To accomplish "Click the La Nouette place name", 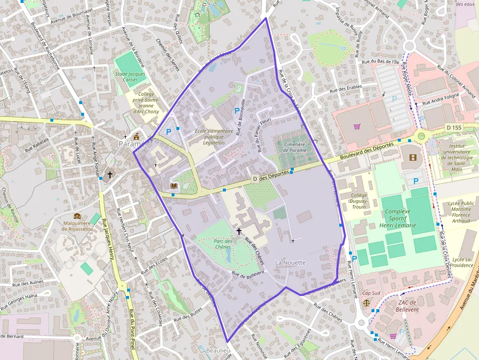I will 290,263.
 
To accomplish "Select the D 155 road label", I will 454,127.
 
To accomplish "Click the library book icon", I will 174,186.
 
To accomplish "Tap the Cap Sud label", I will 371,293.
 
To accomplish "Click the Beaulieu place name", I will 218,351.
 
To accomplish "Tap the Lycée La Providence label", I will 462,262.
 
